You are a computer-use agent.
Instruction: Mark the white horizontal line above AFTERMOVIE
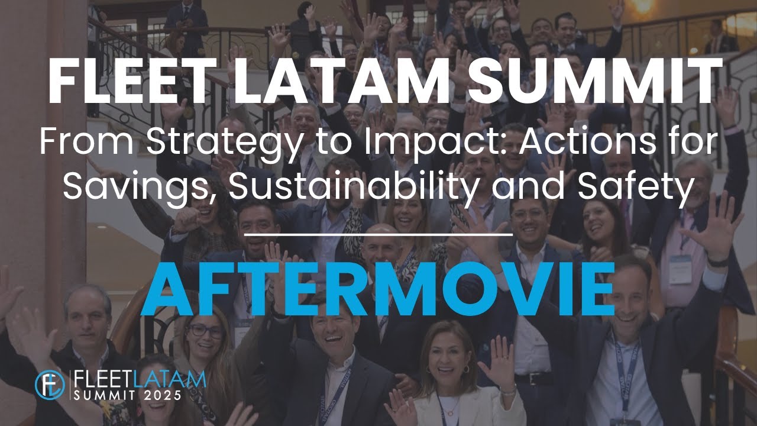point(378,234)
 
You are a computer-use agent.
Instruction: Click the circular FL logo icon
point(50,385)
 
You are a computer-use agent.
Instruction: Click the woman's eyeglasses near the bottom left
point(206,331)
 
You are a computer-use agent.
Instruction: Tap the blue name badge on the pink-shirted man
point(681,269)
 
